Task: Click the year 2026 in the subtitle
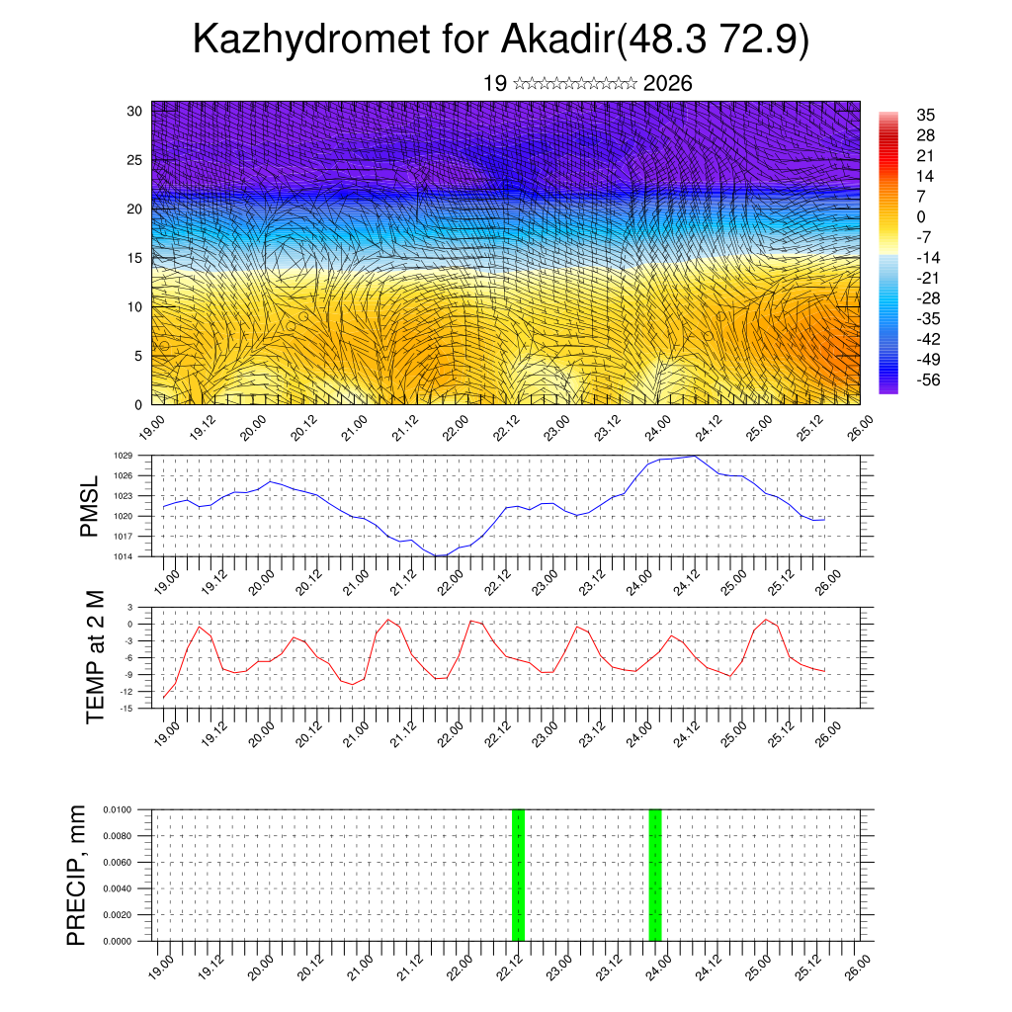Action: tap(667, 83)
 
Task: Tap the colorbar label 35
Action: tap(926, 115)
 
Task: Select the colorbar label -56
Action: tap(930, 379)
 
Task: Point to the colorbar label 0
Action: tap(921, 216)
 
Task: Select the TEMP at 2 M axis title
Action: tap(95, 656)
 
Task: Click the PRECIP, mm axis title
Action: tap(76, 875)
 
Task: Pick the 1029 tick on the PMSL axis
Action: tap(124, 456)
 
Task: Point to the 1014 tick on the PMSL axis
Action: tap(124, 556)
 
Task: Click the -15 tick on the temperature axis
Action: tap(126, 708)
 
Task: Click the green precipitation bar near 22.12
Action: tap(518, 875)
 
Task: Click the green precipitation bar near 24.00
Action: tap(654, 875)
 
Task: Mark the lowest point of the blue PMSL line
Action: tap(440, 555)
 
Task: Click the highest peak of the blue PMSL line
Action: tap(696, 457)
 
